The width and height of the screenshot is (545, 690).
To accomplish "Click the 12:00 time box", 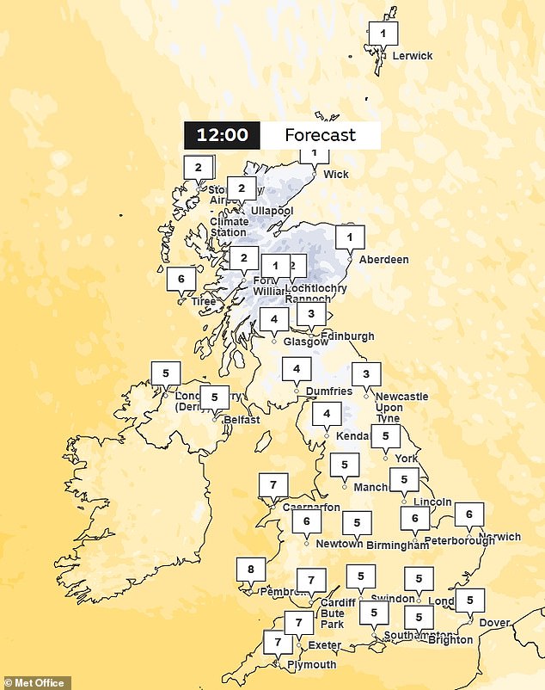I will point(222,135).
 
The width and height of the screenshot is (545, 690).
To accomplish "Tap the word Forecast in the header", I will point(320,135).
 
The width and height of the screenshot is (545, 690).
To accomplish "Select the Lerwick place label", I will point(412,56).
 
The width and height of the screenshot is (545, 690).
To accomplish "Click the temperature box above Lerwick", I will point(383,34).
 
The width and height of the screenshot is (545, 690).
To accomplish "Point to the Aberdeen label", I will point(383,259).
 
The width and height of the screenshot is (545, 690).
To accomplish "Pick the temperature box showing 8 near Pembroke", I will point(251,570).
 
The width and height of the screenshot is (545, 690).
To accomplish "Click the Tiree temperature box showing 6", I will point(181,279).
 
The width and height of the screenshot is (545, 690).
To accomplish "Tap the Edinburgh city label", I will point(348,336).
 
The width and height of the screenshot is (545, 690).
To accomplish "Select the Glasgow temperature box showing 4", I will point(274,320).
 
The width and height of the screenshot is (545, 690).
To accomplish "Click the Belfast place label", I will point(241,420).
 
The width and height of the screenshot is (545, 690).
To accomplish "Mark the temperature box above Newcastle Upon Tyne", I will point(366,374).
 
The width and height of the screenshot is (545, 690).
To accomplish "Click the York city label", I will point(407,459).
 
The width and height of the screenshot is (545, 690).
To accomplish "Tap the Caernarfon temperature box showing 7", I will point(273,485).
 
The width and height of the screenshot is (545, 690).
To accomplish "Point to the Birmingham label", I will point(398,545).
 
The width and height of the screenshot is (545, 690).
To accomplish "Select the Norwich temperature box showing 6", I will point(469,514).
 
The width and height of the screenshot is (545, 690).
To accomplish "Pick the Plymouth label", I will point(311,664).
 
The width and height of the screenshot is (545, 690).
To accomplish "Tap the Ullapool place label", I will point(271,211).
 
